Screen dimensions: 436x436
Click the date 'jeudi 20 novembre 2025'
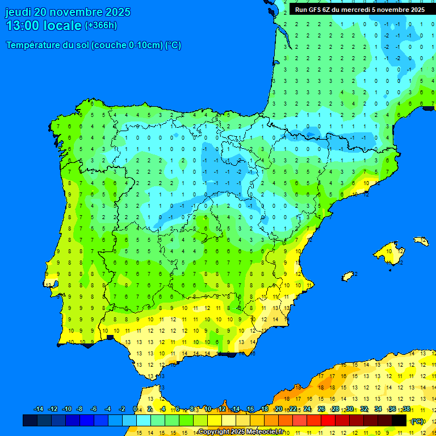(68, 12)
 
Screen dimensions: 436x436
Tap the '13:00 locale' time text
(43, 26)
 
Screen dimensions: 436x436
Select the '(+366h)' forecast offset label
(100, 26)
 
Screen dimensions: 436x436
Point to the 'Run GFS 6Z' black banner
(359, 10)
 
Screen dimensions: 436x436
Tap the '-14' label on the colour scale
(39, 409)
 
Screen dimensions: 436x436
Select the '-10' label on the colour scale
(66, 409)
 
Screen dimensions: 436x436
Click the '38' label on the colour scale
(406, 409)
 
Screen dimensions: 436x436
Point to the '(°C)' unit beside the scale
(417, 421)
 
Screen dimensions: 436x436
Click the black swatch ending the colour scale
(399, 421)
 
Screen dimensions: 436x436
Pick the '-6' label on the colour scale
(94, 409)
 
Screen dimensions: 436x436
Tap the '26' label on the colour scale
(321, 409)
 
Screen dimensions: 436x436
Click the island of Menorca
(421, 241)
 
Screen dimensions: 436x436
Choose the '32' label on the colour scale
(364, 409)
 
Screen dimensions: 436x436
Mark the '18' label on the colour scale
(265, 409)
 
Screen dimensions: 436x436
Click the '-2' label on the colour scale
(122, 409)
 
